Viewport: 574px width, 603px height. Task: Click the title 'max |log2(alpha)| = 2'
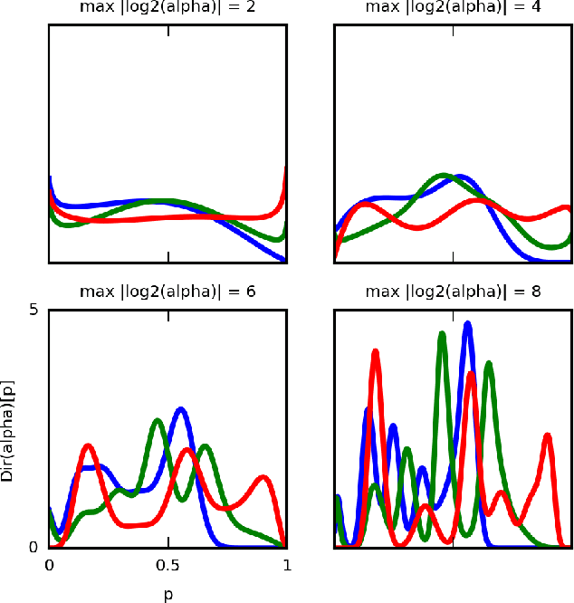tap(167, 7)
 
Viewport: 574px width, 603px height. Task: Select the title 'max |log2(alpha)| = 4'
tap(454, 7)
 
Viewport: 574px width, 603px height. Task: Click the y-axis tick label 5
tap(33, 310)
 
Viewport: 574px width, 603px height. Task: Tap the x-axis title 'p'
tap(167, 595)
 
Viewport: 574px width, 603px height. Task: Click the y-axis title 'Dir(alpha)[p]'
tap(8, 428)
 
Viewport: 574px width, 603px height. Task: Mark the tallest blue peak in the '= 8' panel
tap(467, 323)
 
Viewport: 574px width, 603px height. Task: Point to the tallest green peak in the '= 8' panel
tap(442, 334)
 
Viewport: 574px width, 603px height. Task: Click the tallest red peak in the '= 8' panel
tap(375, 351)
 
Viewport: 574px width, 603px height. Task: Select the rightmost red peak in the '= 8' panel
tap(548, 435)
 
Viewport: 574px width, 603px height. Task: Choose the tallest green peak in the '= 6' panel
tap(158, 420)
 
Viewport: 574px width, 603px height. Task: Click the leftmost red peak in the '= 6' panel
tap(88, 446)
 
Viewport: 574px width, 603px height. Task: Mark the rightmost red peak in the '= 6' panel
tap(263, 477)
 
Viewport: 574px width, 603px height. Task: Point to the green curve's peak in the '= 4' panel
tap(443, 175)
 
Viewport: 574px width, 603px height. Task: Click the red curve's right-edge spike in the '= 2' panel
tap(286, 168)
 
